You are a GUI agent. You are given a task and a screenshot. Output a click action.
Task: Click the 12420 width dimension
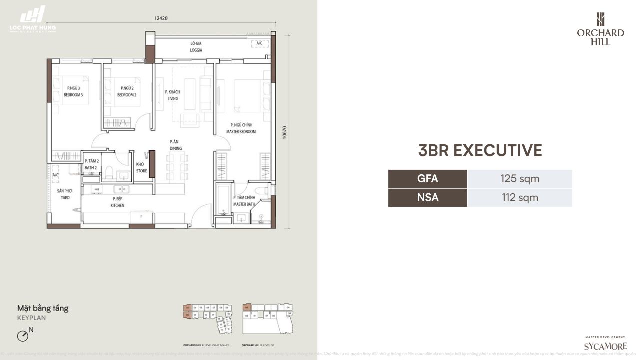[160, 19]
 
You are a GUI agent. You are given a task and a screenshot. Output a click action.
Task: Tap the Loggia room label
[195, 47]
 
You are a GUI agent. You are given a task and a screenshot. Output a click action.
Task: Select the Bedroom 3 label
[73, 92]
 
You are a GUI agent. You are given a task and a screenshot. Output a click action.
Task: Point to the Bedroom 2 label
[127, 92]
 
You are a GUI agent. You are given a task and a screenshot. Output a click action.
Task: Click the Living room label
[173, 95]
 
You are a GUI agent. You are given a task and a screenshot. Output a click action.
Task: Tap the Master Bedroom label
[243, 129]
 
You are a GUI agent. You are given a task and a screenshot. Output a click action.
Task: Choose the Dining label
[175, 145]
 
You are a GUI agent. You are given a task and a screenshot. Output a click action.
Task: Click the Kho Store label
[142, 167]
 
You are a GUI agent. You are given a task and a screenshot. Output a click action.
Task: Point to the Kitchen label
[118, 202]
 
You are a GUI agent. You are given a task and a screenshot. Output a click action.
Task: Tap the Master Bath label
[244, 200]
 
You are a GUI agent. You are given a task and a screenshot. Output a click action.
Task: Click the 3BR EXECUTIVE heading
[480, 150]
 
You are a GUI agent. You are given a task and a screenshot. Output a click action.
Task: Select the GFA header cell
[427, 179]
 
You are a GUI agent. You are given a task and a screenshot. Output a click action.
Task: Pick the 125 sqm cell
[520, 179]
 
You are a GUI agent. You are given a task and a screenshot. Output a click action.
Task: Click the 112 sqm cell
[520, 197]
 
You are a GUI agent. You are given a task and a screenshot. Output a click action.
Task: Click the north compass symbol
[23, 336]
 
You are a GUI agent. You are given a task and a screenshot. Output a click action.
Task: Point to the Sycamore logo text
[605, 346]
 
